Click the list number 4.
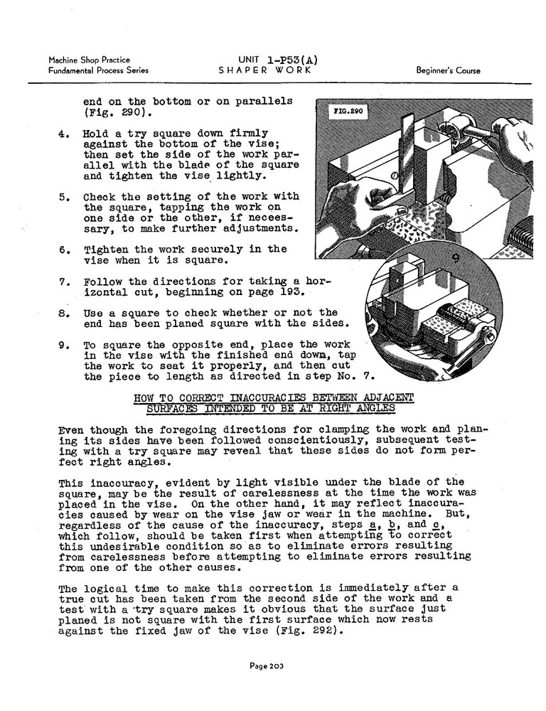63,133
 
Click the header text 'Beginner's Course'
448,70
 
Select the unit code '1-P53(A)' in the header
278,59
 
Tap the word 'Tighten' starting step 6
106,250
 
